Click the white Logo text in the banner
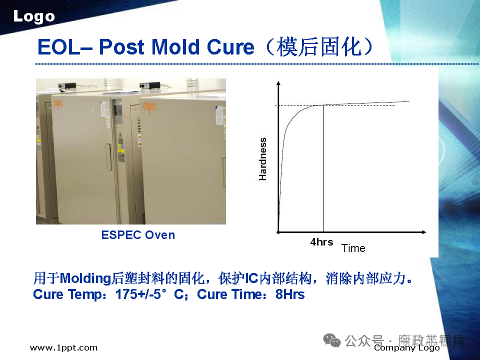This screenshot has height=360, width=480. coord(33,16)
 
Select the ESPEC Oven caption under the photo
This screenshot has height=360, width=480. coord(138,235)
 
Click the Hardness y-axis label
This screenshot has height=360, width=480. coord(263,159)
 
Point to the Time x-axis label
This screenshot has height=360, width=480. coord(353,248)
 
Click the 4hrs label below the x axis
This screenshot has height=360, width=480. coord(321,242)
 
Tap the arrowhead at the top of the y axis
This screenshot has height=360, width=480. coord(277,83)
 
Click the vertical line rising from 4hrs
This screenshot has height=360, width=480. coord(323,170)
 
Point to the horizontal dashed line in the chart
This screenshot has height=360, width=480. coord(300,105)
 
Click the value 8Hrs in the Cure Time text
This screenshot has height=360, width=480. coord(290,294)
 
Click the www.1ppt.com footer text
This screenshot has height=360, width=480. coord(63,348)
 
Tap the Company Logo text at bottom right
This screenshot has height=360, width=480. coord(406,348)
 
